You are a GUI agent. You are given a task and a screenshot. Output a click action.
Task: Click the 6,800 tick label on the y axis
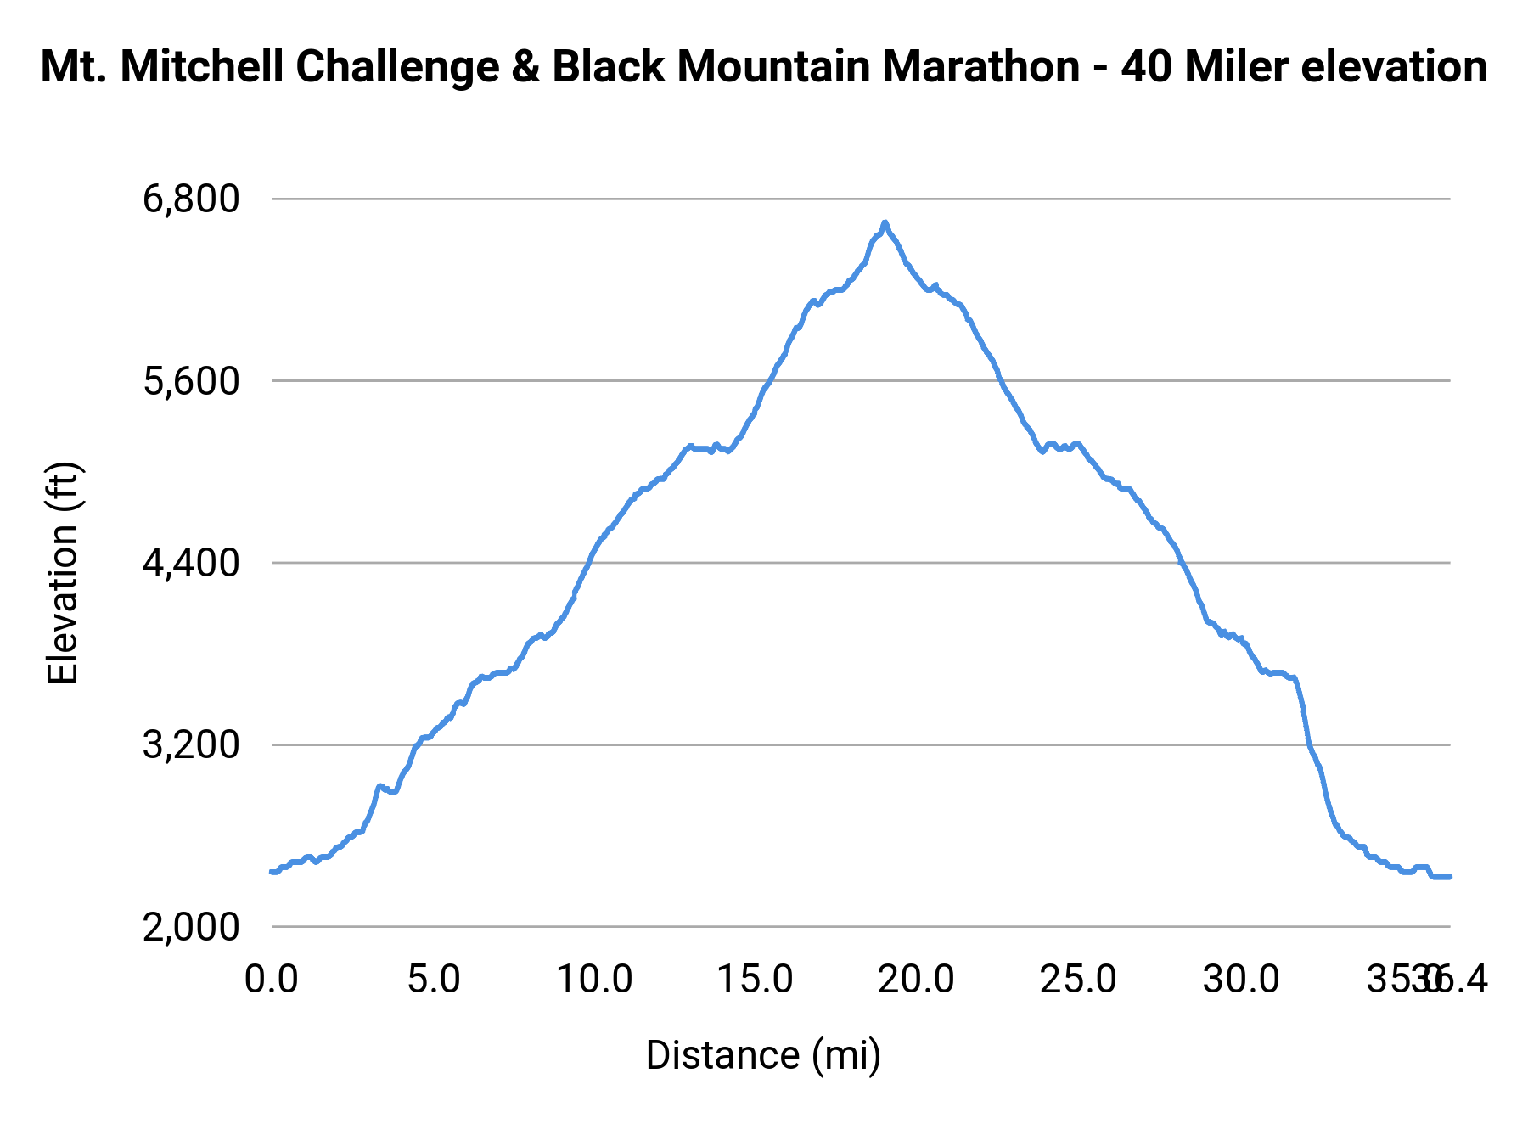click(x=191, y=199)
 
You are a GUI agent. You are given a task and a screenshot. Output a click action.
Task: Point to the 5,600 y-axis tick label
click(x=191, y=381)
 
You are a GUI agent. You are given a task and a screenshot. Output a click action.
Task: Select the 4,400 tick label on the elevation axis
click(x=191, y=563)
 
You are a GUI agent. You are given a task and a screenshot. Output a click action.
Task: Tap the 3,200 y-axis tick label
click(x=191, y=745)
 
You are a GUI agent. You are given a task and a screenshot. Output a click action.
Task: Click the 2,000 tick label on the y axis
click(x=191, y=927)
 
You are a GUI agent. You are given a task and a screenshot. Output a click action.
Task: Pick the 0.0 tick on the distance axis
click(x=271, y=980)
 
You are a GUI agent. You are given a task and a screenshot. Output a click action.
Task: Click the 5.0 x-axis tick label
click(x=433, y=980)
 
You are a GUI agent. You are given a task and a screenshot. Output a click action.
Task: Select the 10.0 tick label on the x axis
click(x=594, y=980)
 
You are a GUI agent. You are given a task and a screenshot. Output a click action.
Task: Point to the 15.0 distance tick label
click(x=756, y=980)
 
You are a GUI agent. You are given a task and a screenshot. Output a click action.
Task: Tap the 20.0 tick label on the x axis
click(x=917, y=980)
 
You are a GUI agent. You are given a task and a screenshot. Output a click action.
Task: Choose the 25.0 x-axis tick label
click(x=1078, y=980)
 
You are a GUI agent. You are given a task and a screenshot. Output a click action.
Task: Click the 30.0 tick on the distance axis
click(x=1240, y=980)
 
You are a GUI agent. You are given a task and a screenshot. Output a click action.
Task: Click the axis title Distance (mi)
click(x=763, y=1055)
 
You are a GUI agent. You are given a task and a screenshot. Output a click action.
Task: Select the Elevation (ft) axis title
click(x=63, y=573)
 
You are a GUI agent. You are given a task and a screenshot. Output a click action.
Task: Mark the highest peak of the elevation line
click(x=885, y=222)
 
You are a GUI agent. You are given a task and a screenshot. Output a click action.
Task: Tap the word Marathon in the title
click(x=981, y=67)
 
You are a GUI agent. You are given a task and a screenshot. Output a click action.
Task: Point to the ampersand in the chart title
click(x=525, y=67)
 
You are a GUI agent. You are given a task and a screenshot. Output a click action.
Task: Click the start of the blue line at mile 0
click(x=272, y=871)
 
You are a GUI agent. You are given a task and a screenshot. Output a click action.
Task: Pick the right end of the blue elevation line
click(x=1450, y=876)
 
